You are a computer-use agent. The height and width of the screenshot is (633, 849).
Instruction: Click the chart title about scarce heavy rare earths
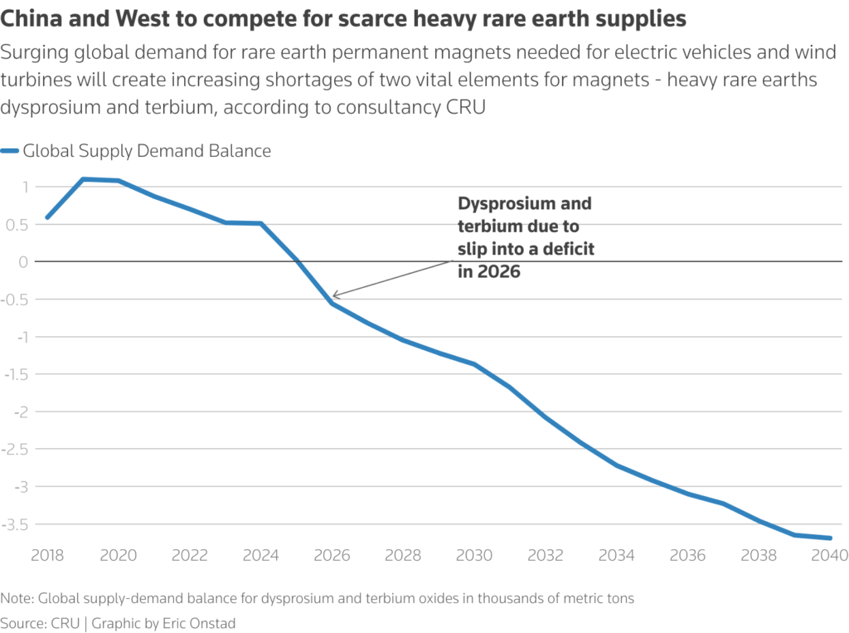(348, 17)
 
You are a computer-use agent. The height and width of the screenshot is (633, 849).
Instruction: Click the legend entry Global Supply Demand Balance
(147, 151)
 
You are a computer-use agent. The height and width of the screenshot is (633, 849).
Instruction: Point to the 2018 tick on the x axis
(47, 555)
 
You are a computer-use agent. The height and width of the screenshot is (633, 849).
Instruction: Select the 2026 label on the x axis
(332, 555)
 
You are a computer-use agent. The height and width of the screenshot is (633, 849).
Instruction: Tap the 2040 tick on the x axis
(829, 555)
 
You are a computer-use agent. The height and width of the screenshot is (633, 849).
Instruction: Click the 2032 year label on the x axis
(546, 555)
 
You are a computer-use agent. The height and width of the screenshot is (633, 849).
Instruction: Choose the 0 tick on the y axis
(24, 262)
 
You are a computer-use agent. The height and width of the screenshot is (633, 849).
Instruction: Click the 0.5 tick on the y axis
(18, 224)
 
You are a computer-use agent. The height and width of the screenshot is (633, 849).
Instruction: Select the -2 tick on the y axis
(19, 411)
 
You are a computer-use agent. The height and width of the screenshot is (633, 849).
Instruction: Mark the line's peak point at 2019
(83, 179)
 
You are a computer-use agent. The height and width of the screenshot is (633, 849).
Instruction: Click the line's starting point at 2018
(47, 217)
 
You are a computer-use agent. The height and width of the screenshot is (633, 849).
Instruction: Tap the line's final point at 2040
(830, 538)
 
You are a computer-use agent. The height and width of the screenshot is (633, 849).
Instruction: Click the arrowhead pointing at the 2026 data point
(334, 295)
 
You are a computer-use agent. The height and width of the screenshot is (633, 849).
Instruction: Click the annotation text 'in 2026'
(489, 271)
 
